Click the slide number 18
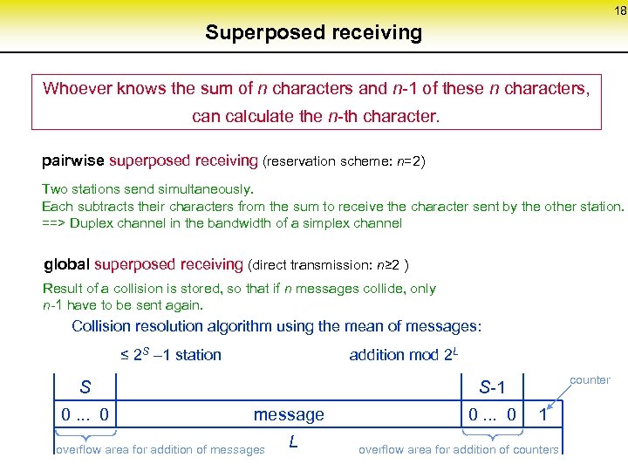(619, 11)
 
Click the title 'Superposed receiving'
(313, 33)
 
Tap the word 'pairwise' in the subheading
(73, 161)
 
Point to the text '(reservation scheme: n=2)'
(344, 162)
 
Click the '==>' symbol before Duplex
(53, 222)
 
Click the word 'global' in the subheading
(66, 264)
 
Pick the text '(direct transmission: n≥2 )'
(329, 265)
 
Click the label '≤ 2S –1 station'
(170, 354)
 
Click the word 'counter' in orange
(590, 379)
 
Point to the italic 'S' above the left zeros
(85, 386)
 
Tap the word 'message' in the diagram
(289, 414)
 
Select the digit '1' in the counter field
(543, 414)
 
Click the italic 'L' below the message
(293, 442)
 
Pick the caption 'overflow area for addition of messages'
(160, 449)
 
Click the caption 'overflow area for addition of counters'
(459, 449)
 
